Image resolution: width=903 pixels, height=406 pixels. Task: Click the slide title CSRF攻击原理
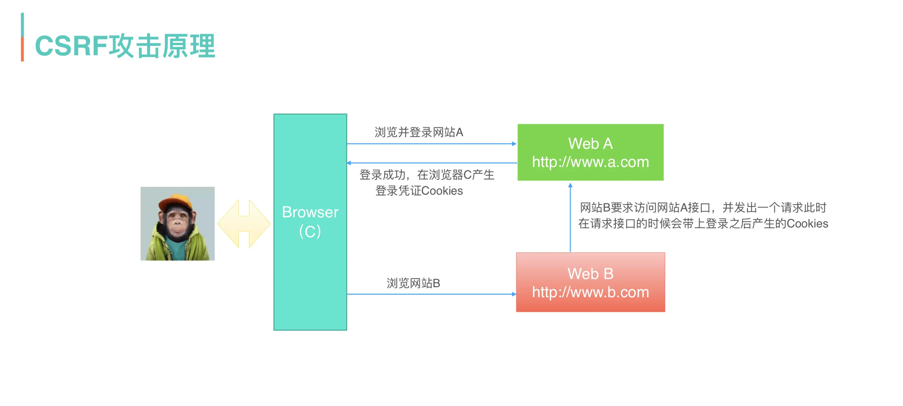click(x=125, y=45)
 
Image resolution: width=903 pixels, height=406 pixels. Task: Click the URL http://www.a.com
click(x=590, y=162)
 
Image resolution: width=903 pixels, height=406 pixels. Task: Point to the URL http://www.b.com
click(x=590, y=292)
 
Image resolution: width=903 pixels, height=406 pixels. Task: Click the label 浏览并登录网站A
click(x=419, y=132)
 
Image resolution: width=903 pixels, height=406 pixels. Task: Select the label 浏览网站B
click(x=413, y=283)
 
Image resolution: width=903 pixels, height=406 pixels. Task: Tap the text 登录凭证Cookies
click(x=419, y=191)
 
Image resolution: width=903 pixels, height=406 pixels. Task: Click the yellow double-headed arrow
click(x=244, y=224)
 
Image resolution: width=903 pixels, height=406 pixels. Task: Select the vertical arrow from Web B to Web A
click(x=570, y=217)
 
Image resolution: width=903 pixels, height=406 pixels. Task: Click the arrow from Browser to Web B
click(x=431, y=294)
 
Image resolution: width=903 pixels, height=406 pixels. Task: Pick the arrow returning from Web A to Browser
click(x=431, y=163)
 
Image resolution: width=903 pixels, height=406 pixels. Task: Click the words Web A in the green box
click(x=590, y=143)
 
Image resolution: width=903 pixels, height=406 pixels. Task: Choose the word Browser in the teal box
click(x=310, y=212)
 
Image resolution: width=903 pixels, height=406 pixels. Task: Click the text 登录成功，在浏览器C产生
click(x=426, y=175)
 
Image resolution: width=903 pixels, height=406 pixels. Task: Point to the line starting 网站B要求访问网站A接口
click(x=703, y=208)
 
